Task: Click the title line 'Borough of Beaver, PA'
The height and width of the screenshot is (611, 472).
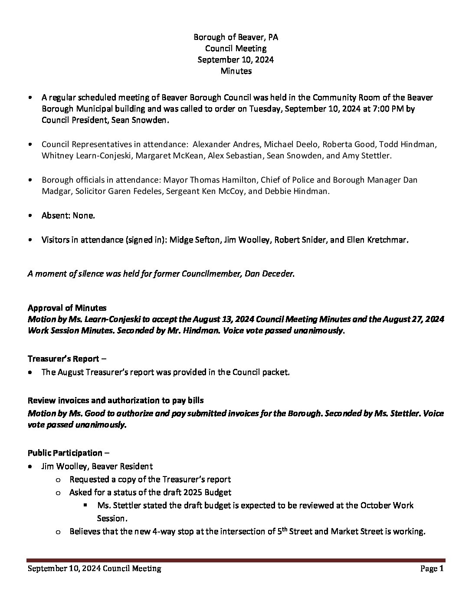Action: (x=236, y=37)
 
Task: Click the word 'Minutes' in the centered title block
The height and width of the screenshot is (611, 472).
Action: (x=236, y=71)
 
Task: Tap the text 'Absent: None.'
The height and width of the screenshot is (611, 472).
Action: (x=68, y=215)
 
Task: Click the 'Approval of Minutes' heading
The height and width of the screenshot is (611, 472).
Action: (x=67, y=308)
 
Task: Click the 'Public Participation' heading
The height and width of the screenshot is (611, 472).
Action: (x=65, y=453)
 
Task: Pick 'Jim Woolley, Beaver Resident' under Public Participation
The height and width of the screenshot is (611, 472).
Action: (x=97, y=466)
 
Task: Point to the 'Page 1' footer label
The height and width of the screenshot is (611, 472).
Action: (x=432, y=568)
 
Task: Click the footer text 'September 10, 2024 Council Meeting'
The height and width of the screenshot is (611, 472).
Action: (x=94, y=568)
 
